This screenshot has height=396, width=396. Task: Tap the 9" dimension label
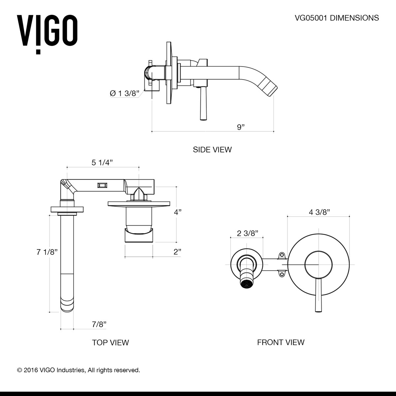pyautogui.click(x=241, y=127)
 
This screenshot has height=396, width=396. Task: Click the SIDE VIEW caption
pyautogui.click(x=212, y=149)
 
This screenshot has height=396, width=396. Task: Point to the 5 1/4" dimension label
pyautogui.click(x=102, y=162)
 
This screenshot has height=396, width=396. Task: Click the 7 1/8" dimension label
pyautogui.click(x=47, y=252)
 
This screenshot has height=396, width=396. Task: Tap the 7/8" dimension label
pyautogui.click(x=99, y=324)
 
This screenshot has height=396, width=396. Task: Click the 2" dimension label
pyautogui.click(x=178, y=252)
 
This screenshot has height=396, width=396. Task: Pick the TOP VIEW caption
pyautogui.click(x=110, y=343)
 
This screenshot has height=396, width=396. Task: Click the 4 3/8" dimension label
pyautogui.click(x=319, y=212)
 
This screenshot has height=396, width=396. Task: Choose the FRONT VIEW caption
pyautogui.click(x=280, y=343)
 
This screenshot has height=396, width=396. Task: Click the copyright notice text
pyautogui.click(x=79, y=370)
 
